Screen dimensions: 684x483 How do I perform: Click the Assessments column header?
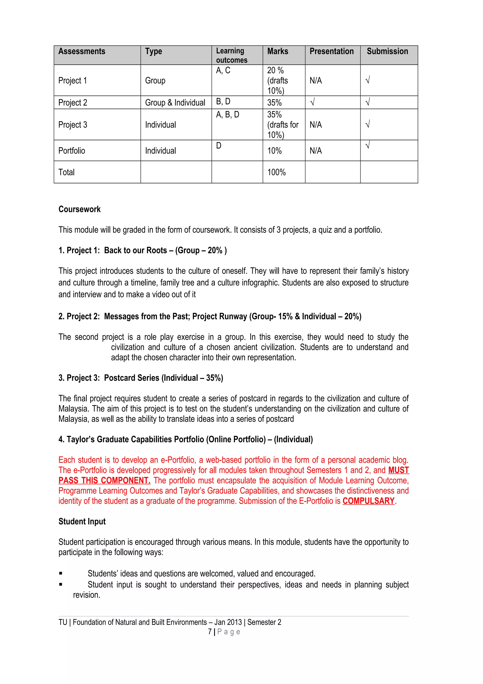(x=82, y=51)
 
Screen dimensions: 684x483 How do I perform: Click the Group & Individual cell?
(x=175, y=103)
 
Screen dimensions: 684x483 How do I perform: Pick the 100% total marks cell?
(x=276, y=172)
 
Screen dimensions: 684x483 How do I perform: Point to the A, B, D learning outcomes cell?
(x=227, y=115)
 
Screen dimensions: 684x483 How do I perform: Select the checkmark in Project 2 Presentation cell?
(x=312, y=102)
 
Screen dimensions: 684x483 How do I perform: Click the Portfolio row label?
(x=71, y=151)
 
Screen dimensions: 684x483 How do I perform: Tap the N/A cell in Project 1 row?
(x=316, y=81)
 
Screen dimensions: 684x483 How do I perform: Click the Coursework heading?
(x=79, y=209)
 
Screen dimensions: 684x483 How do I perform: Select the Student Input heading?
(x=82, y=521)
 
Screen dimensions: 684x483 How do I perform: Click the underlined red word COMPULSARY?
(x=368, y=501)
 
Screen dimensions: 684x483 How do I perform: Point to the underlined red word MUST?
(x=399, y=470)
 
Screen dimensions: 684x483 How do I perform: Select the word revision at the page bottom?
(x=87, y=595)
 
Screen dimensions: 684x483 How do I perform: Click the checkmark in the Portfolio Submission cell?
(x=367, y=145)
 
